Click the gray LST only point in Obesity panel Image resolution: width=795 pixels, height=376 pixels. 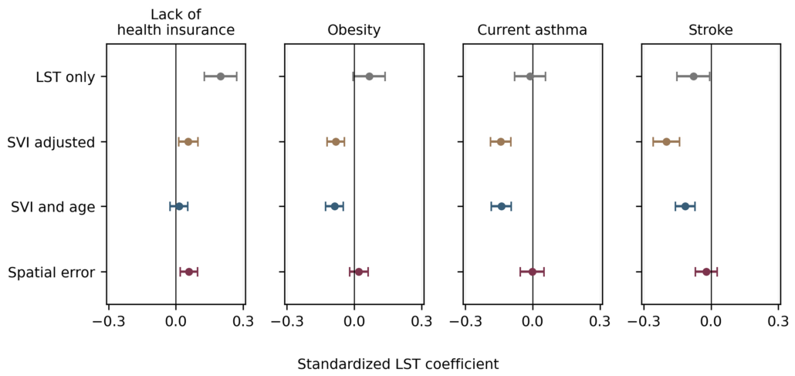click(369, 76)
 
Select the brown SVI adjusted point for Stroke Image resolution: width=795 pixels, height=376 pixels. click(666, 141)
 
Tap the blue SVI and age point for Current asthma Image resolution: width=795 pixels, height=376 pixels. click(502, 206)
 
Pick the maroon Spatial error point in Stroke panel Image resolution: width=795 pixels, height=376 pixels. click(706, 272)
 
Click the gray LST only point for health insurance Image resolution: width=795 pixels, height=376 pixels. click(221, 76)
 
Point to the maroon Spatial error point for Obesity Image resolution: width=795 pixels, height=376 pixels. click(359, 272)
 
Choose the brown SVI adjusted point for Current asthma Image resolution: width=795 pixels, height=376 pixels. click(501, 141)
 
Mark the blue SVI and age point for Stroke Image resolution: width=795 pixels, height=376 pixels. click(685, 206)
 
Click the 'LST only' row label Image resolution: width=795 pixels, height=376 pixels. click(65, 77)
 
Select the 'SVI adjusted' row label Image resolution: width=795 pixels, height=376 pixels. click(52, 143)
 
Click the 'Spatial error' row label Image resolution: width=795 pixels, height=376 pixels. click(52, 273)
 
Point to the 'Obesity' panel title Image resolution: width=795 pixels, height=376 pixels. click(354, 31)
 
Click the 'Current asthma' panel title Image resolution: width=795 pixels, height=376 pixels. click(533, 30)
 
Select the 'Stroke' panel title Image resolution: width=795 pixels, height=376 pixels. click(711, 30)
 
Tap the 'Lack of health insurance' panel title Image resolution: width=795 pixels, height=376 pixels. click(175, 22)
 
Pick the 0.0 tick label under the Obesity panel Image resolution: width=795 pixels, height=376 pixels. click(354, 321)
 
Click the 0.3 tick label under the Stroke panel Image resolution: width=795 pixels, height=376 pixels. click(780, 321)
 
